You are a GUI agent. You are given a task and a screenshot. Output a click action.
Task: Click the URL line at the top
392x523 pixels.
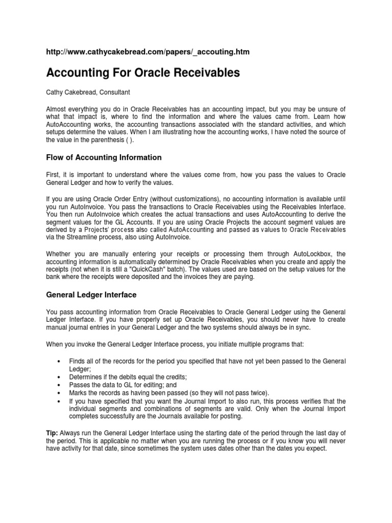pos(148,52)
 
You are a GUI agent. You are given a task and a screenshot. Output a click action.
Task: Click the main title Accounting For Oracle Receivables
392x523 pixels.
pos(143,73)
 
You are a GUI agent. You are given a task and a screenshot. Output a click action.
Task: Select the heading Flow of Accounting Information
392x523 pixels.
pos(104,157)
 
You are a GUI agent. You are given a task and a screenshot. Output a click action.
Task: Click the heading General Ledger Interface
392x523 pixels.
pos(91,295)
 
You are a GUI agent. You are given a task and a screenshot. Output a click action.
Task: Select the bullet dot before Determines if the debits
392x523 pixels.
pos(61,377)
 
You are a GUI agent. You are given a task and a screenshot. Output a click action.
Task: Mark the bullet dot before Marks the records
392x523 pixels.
pos(61,393)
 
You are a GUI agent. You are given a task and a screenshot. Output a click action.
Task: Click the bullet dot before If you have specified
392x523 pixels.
pos(61,401)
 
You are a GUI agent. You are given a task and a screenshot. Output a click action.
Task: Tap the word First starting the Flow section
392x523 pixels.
pos(53,175)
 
